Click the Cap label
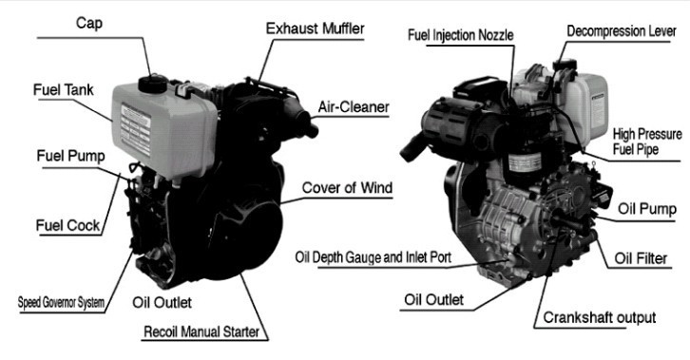tap(89, 23)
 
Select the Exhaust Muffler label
tap(316, 28)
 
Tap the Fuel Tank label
tap(64, 89)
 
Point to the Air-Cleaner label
tap(354, 106)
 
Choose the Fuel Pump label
tap(71, 156)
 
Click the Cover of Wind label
tap(347, 188)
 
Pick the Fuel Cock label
tap(68, 225)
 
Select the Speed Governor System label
tap(61, 302)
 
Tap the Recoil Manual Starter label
tap(201, 332)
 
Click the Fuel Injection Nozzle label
tap(461, 35)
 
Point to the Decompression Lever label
tap(622, 31)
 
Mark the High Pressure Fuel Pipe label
tap(647, 142)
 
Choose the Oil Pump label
tap(647, 209)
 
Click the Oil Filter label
tap(641, 258)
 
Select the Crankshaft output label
tap(600, 317)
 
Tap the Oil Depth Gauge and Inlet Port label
tap(374, 257)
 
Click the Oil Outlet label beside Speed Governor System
tap(162, 302)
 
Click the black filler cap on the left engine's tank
tap(153, 84)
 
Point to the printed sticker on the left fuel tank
tap(136, 130)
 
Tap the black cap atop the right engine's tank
tap(565, 65)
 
